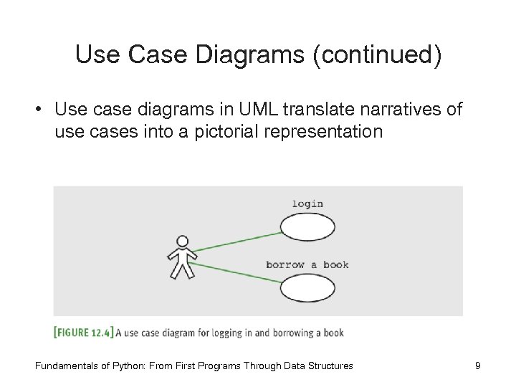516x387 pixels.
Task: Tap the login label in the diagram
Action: pos(307,204)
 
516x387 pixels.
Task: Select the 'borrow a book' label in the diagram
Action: pos(307,264)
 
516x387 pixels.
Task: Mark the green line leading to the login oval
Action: pos(236,239)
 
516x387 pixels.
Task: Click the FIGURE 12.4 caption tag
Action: pos(83,332)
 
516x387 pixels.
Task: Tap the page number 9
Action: pos(477,366)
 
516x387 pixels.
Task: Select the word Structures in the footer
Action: pos(330,366)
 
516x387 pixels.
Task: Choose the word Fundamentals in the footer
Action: pos(66,366)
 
